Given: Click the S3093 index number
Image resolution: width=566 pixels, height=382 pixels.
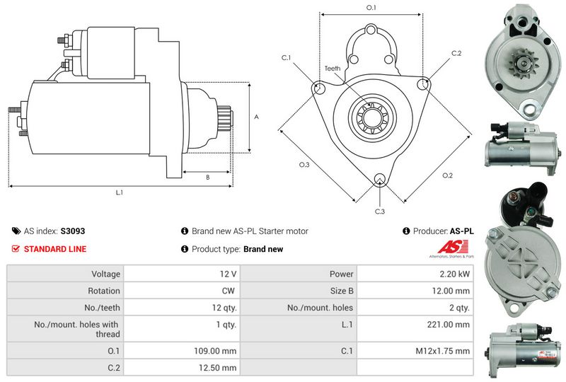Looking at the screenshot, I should (73, 231).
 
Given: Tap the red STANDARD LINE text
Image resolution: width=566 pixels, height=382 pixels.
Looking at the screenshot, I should (55, 249).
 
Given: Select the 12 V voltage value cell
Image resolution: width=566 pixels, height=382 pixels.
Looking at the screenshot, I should (228, 273).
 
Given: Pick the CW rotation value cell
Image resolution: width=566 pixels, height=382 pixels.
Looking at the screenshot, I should (228, 290).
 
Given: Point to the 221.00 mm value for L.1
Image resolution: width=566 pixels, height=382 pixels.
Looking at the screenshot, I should (452, 325).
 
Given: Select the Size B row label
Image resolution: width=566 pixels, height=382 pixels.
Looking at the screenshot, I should (341, 290).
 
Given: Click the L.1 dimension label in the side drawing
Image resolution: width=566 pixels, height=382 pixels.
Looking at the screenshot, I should (120, 192).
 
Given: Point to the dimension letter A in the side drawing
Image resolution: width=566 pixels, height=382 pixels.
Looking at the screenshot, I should (256, 117).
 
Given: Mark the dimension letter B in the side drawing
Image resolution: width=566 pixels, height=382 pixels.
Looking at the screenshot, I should (207, 178).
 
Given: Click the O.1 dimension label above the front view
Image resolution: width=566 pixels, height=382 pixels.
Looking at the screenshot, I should (371, 8).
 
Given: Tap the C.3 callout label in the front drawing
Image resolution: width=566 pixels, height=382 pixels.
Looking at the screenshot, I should (380, 212).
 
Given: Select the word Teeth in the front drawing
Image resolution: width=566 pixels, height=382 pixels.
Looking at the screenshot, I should (333, 69).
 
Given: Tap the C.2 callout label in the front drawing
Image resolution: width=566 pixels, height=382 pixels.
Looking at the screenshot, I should (456, 54).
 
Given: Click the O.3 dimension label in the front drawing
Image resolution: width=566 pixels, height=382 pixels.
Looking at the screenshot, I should (304, 165).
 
